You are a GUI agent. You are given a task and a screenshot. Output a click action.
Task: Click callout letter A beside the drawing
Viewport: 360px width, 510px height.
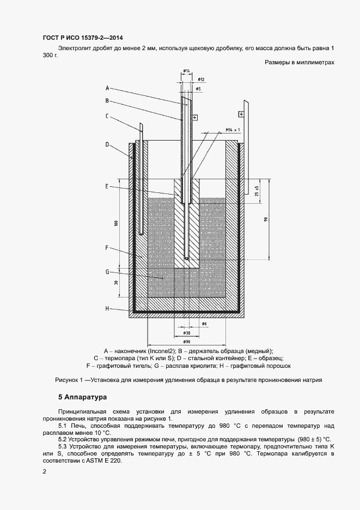[107, 88]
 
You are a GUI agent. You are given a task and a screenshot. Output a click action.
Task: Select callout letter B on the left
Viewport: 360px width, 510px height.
[107, 100]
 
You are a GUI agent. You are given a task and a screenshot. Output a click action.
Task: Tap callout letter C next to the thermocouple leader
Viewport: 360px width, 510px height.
[107, 115]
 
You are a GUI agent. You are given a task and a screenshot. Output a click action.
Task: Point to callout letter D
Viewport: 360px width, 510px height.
[107, 144]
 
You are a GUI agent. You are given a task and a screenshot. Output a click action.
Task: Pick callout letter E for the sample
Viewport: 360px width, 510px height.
[107, 186]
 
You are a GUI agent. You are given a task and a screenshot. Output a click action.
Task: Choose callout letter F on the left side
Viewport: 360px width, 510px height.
[107, 247]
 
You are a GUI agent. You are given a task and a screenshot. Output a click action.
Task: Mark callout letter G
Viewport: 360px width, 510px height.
[107, 271]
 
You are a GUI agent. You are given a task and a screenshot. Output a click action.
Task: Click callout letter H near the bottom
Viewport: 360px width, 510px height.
[107, 308]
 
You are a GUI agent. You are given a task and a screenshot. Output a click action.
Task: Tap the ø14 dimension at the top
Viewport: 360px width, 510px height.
[186, 71]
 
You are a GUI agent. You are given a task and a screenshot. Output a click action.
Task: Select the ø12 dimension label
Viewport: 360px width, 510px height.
[200, 80]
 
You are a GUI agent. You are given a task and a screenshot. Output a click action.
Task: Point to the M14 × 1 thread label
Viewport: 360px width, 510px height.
[233, 129]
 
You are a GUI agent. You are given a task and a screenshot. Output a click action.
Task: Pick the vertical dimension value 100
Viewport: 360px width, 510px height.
[116, 223]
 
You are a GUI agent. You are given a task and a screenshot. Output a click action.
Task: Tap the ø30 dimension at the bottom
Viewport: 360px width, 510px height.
[186, 332]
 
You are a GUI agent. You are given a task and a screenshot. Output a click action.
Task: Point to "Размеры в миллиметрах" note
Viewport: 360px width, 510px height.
[299, 63]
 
